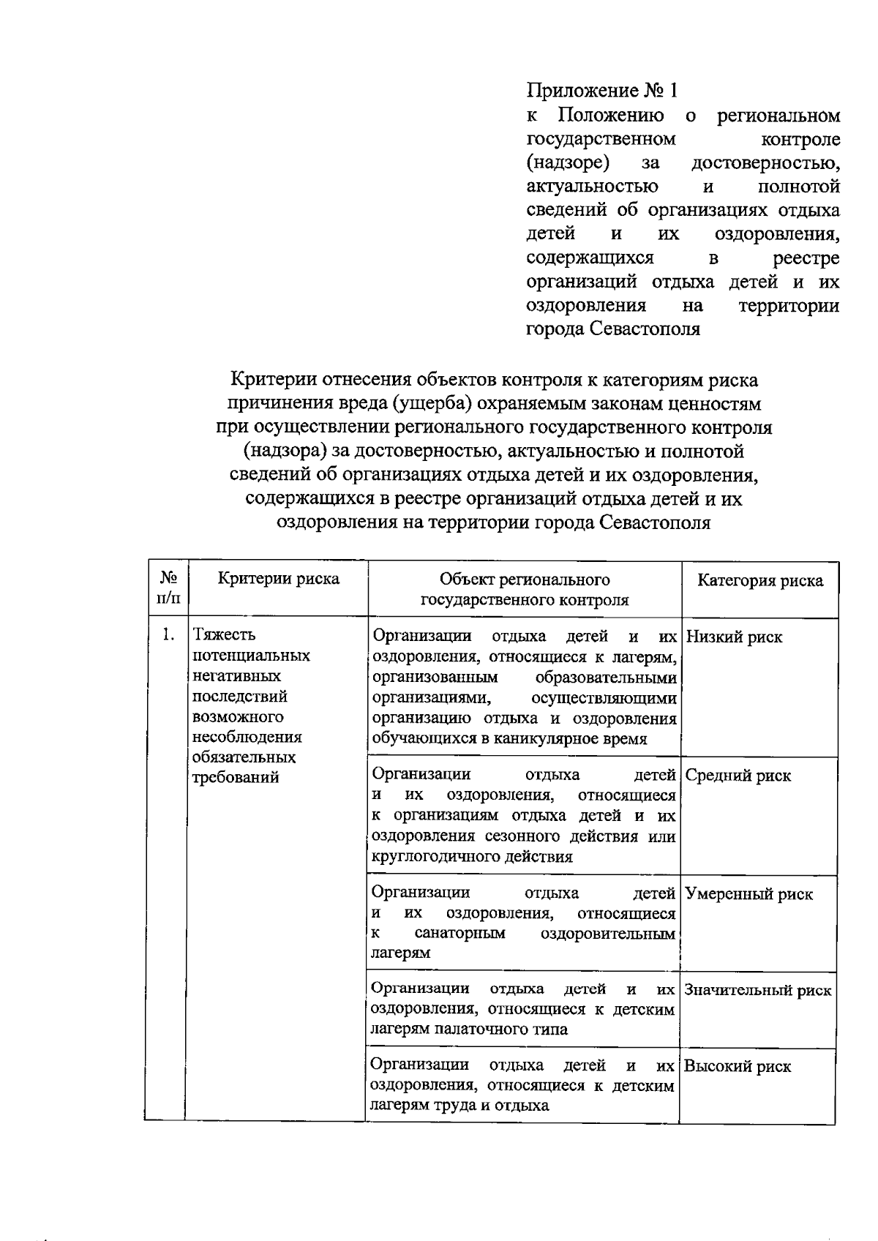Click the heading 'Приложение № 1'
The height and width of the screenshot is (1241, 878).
pyautogui.click(x=601, y=91)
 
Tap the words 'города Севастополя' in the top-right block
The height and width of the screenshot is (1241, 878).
pyautogui.click(x=612, y=329)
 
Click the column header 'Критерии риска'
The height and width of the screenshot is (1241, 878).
pyautogui.click(x=278, y=579)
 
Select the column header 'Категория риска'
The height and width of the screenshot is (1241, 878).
pyautogui.click(x=759, y=580)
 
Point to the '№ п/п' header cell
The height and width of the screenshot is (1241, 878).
pyautogui.click(x=167, y=588)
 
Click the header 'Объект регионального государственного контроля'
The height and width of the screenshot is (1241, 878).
pyautogui.click(x=524, y=590)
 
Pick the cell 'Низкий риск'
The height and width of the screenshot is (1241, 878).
pyautogui.click(x=735, y=637)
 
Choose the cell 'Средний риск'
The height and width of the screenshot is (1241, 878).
pyautogui.click(x=738, y=776)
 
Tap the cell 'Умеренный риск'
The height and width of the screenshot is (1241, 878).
pyautogui.click(x=749, y=894)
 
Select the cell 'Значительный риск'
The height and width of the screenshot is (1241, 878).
pyautogui.click(x=757, y=991)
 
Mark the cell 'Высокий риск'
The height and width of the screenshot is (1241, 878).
pyautogui.click(x=737, y=1067)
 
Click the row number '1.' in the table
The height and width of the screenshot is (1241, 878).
pyautogui.click(x=168, y=634)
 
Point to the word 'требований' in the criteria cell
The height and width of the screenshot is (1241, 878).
pyautogui.click(x=235, y=778)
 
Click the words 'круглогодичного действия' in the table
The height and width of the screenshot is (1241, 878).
pyautogui.click(x=472, y=857)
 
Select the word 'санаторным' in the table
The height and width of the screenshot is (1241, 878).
pyautogui.click(x=459, y=934)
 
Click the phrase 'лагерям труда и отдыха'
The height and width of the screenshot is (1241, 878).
pyautogui.click(x=459, y=1106)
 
